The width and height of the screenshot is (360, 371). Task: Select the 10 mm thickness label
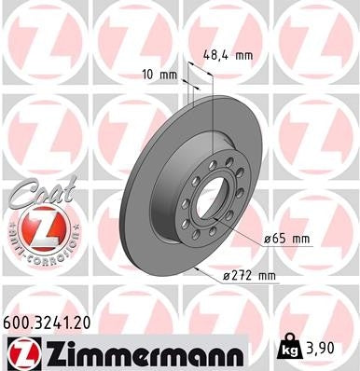162,73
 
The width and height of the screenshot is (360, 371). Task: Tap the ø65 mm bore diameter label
285,239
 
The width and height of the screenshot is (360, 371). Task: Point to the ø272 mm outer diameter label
250,275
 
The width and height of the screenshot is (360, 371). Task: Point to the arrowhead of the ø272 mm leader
198,268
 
